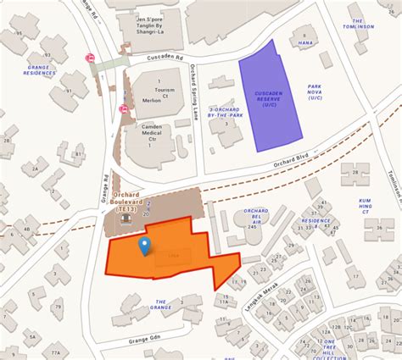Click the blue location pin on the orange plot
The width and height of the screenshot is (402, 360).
(144, 246)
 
